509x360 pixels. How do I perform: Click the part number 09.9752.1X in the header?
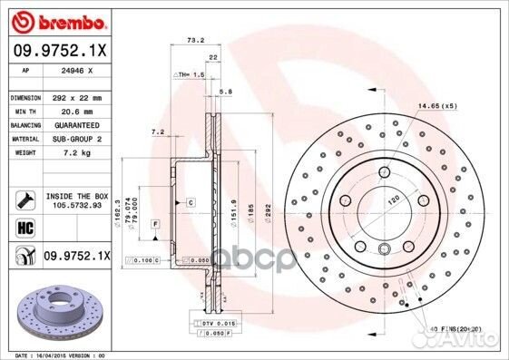tap(57, 52)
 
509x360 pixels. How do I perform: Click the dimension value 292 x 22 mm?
tap(76, 96)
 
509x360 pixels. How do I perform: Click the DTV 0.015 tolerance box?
tap(219, 324)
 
